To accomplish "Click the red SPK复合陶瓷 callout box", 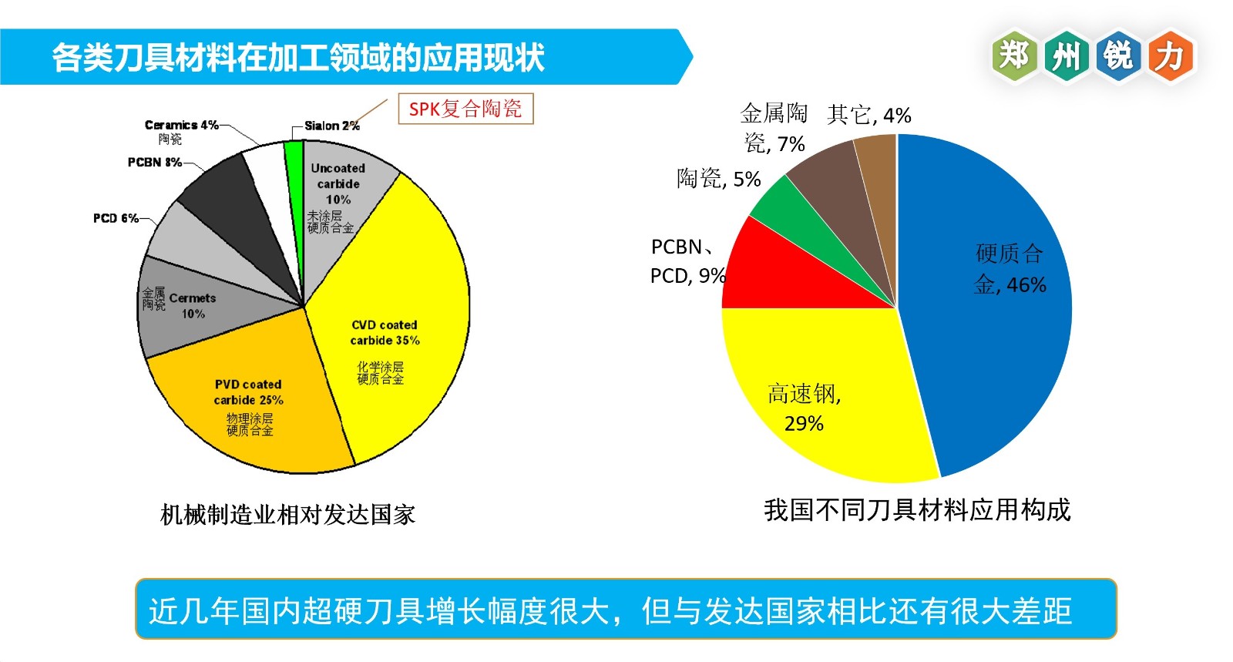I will (465, 109).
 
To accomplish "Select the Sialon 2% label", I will (331, 126).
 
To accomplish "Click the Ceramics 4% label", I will (181, 125).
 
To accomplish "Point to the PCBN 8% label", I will (154, 162).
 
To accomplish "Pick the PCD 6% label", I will (116, 218).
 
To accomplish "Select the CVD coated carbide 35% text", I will (385, 333).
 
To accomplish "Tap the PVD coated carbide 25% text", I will (248, 391).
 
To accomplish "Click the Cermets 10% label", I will (193, 306).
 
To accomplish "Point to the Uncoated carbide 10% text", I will (338, 183).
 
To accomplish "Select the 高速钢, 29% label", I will (804, 408).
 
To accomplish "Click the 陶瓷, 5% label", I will (718, 179).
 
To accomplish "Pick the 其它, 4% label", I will (868, 116).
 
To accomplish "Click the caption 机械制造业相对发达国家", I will (287, 515).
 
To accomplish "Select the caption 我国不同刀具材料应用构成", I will (917, 510).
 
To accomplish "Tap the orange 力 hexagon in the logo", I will (1170, 55).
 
